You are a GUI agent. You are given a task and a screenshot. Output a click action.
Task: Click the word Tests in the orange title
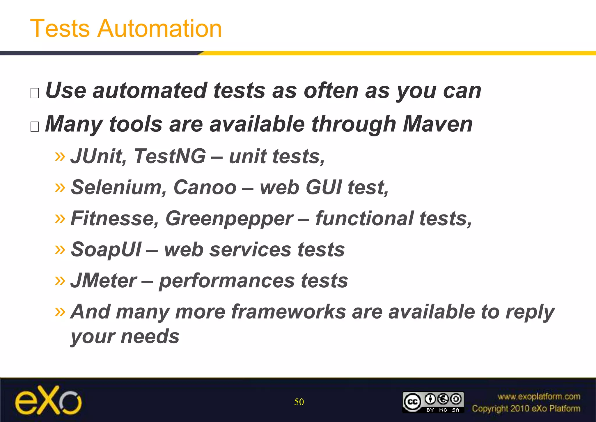click(x=60, y=29)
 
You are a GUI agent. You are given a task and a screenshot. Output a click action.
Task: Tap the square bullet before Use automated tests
click(x=35, y=93)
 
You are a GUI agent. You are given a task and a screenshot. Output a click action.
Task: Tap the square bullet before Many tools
click(x=35, y=126)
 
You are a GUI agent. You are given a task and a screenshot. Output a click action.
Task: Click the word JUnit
click(x=98, y=156)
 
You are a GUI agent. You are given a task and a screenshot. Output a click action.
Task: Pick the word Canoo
click(x=205, y=187)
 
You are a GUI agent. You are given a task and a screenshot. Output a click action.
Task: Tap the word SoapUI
click(x=106, y=250)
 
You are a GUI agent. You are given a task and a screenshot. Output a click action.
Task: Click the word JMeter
click(x=103, y=281)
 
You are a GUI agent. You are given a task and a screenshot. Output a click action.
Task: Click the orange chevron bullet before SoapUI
click(x=60, y=249)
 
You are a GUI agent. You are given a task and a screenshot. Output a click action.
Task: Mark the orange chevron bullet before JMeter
click(x=60, y=280)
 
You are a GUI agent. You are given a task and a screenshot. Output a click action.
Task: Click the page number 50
click(x=299, y=402)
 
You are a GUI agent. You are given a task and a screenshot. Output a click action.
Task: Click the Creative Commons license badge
click(x=433, y=402)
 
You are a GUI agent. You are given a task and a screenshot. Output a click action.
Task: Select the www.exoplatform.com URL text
click(x=539, y=397)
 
